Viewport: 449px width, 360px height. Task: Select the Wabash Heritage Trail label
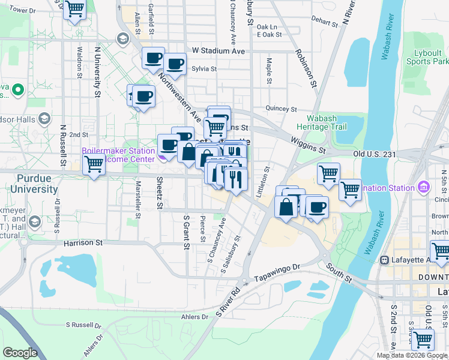click(x=321, y=122)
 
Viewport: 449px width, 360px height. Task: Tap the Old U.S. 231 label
click(x=374, y=154)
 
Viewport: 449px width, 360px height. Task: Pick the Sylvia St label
click(x=204, y=69)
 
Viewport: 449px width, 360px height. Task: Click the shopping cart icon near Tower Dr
click(x=74, y=10)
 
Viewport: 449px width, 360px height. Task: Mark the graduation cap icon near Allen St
click(x=123, y=40)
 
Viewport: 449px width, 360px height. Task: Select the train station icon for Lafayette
click(x=383, y=260)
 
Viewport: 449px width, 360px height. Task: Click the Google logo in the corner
click(x=20, y=353)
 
